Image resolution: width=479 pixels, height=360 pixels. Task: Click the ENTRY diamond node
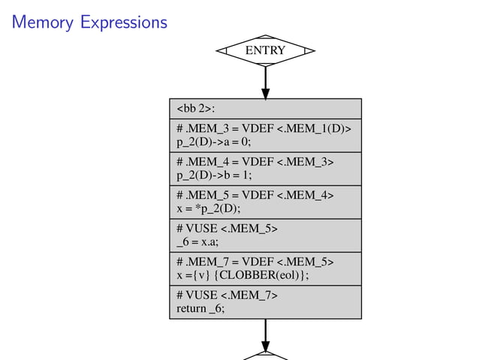265,50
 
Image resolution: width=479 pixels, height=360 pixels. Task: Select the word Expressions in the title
120,23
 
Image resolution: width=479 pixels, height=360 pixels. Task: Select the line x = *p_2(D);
205,208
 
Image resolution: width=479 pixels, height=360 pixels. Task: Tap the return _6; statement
200,308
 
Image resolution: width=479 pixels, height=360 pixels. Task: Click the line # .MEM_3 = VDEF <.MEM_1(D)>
263,127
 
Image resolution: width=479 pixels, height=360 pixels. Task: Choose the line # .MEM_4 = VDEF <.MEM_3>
255,161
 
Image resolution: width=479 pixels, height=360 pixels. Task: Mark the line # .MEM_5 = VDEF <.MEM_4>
255,195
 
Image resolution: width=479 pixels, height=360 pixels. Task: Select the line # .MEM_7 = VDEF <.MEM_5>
255,262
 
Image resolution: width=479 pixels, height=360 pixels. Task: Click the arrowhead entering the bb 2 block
265,93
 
